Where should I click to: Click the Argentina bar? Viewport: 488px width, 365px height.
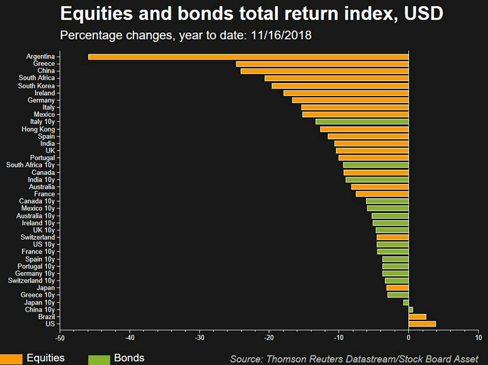[248, 57]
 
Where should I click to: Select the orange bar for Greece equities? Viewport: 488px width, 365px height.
[322, 64]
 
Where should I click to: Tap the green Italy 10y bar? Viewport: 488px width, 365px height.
[362, 122]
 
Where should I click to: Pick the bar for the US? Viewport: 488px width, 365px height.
[422, 324]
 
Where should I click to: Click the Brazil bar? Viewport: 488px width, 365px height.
[417, 316]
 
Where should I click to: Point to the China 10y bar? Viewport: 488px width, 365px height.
[411, 310]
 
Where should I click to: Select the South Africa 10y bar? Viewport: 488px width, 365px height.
[376, 165]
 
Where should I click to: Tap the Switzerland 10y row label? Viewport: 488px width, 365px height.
[31, 281]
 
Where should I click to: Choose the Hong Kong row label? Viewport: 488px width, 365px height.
[38, 129]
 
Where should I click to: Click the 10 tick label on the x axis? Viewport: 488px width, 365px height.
[478, 337]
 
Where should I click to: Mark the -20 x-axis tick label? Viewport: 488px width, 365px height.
[269, 337]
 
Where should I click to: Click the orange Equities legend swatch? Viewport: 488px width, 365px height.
[11, 359]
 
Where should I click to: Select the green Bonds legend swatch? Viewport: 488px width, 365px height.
[99, 359]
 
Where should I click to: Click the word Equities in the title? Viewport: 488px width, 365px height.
[102, 13]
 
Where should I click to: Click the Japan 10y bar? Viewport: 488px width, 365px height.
[406, 302]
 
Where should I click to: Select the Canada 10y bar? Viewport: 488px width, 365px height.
[387, 201]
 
